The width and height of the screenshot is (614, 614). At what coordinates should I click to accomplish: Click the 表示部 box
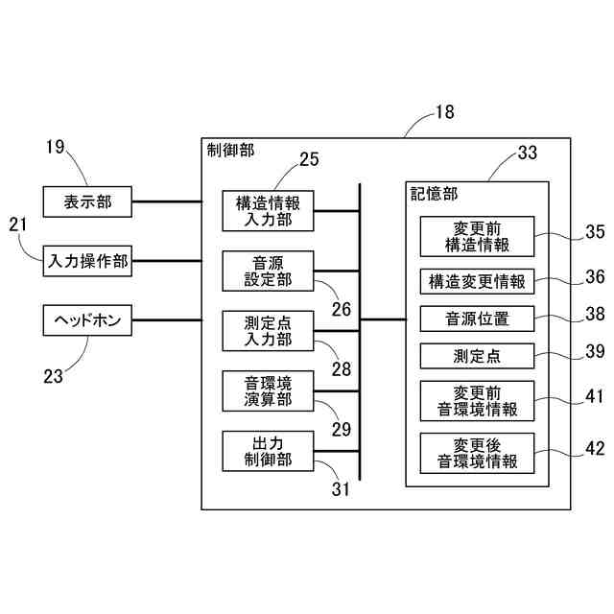[x=87, y=202]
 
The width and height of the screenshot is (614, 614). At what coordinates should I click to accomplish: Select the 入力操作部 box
[x=87, y=260]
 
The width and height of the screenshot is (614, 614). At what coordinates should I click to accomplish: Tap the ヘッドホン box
[x=87, y=319]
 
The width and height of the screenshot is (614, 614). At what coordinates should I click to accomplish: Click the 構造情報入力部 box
[x=269, y=211]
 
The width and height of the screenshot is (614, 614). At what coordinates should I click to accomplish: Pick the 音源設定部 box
[x=269, y=271]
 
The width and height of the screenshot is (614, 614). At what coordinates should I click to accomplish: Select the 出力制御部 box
[x=269, y=451]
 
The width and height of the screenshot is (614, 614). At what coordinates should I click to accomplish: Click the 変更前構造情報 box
[x=477, y=236]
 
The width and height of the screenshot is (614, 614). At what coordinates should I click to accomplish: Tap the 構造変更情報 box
[x=477, y=283]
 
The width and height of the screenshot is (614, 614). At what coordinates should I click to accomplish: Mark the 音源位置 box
[x=477, y=319]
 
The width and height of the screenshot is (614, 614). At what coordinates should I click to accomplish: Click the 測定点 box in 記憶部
[x=477, y=356]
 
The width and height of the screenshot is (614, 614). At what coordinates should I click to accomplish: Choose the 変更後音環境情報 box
[x=477, y=452]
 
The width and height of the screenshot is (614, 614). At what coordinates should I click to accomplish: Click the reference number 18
[x=444, y=112]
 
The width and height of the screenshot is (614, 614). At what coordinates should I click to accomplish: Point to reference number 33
[x=528, y=153]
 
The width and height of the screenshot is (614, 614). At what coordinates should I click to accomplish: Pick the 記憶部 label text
[x=429, y=193]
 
